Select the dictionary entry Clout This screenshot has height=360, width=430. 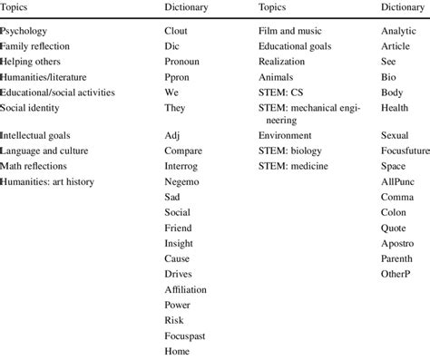(176, 30)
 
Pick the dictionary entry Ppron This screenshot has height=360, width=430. (177, 76)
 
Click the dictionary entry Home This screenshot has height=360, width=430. (177, 350)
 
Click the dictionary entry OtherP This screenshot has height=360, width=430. (396, 273)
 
